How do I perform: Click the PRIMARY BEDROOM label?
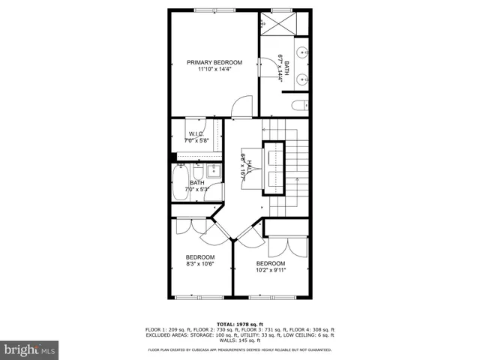(x=215, y=62)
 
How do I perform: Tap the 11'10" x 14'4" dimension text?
(x=215, y=70)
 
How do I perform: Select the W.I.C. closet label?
(x=196, y=133)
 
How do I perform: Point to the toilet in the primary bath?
(x=298, y=105)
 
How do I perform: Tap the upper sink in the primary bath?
(x=301, y=53)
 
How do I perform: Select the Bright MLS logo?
(x=30, y=349)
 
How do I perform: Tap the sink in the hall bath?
(x=214, y=169)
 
